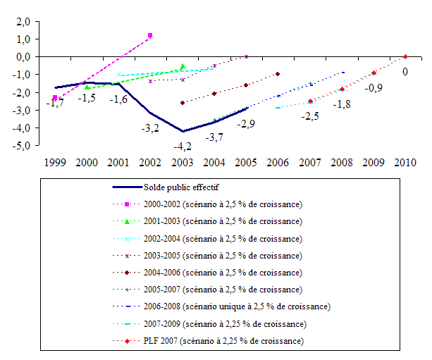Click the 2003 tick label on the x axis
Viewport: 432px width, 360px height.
pyautogui.click(x=182, y=161)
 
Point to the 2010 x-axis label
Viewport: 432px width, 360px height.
pyautogui.click(x=405, y=161)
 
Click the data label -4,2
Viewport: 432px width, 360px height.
pyautogui.click(x=183, y=147)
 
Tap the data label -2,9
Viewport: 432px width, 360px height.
pyautogui.click(x=245, y=123)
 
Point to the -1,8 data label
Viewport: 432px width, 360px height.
pyautogui.click(x=342, y=104)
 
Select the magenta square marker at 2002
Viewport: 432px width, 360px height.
pyautogui.click(x=150, y=35)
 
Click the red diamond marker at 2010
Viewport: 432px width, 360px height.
pyautogui.click(x=405, y=56)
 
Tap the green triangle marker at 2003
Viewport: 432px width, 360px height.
pyautogui.click(x=183, y=67)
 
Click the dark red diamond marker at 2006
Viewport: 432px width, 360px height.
pyautogui.click(x=278, y=74)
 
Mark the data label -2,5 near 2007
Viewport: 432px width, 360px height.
pyautogui.click(x=310, y=116)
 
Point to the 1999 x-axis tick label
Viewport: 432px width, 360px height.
pyautogui.click(x=55, y=161)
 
